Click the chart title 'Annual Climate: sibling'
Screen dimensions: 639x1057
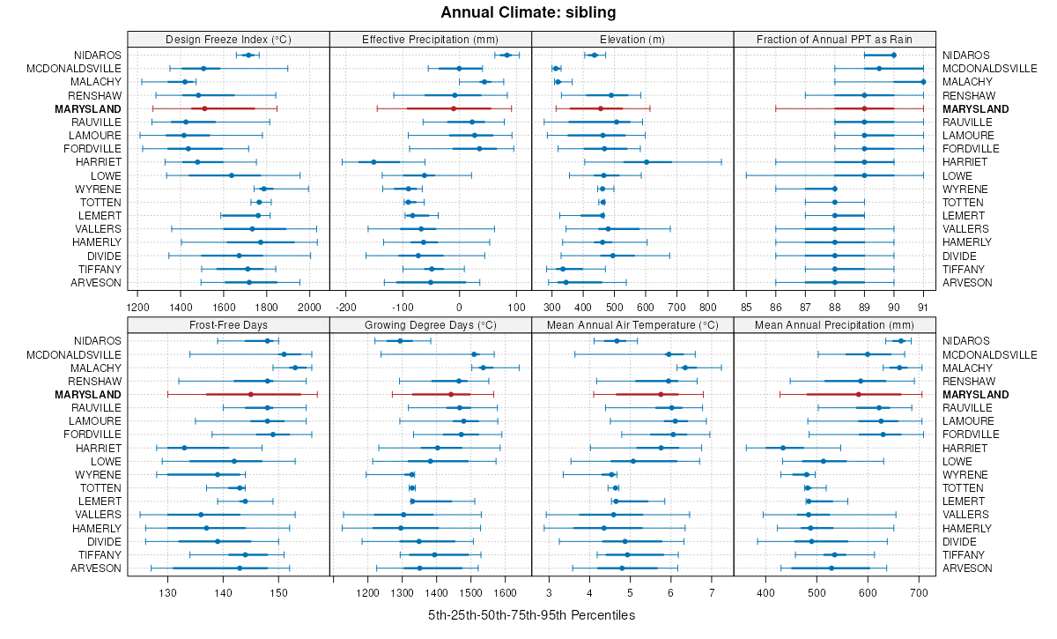click(528, 12)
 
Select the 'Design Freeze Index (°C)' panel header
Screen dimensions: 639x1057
click(228, 39)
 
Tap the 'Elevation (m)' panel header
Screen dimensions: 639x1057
click(632, 39)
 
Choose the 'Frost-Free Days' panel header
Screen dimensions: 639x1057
click(228, 324)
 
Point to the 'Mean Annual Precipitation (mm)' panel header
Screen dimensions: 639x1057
click(835, 324)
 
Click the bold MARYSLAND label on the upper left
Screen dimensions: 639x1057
click(88, 108)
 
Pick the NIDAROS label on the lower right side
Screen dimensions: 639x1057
click(966, 341)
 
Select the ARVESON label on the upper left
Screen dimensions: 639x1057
click(96, 283)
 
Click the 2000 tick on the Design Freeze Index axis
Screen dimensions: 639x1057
click(309, 307)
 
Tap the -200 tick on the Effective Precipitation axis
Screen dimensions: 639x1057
click(345, 307)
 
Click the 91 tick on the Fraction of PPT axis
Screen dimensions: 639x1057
click(923, 307)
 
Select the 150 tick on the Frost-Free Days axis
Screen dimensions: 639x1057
click(278, 592)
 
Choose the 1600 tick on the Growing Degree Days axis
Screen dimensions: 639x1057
click(506, 592)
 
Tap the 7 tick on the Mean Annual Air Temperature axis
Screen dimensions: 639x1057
click(711, 592)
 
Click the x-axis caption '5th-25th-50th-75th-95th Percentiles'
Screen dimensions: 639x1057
click(531, 614)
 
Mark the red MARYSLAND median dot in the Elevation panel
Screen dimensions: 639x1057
click(601, 108)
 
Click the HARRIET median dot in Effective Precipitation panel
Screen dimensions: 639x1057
click(373, 162)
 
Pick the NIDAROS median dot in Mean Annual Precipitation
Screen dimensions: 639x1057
click(900, 341)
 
